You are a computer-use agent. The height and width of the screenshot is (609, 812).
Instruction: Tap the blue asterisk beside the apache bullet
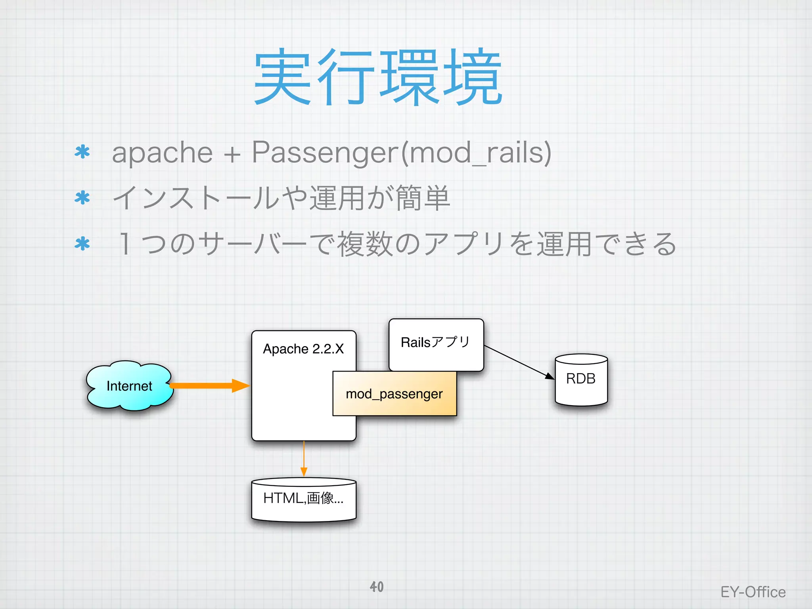[82, 153]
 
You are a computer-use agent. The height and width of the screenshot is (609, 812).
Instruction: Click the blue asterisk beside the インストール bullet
[82, 198]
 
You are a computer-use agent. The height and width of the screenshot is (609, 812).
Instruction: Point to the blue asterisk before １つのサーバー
[82, 244]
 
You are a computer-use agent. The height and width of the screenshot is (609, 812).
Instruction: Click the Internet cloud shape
[129, 386]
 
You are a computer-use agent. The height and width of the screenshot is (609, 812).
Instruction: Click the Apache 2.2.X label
[303, 349]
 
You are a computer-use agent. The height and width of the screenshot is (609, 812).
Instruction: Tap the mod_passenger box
[394, 394]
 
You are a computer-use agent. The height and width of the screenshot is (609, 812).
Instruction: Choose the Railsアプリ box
[436, 343]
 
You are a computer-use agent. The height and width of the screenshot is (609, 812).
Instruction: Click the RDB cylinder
[581, 379]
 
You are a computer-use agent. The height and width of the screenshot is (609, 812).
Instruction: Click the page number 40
[377, 587]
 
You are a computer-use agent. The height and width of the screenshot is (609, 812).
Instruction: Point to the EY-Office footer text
[753, 592]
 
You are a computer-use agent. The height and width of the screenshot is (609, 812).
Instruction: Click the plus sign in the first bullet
[232, 154]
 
